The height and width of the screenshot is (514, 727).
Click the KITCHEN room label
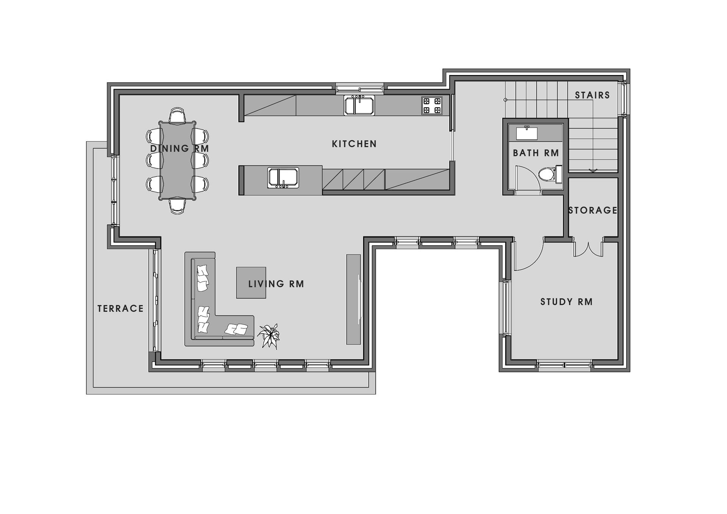pos(354,144)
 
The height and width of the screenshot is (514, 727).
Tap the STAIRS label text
pos(593,95)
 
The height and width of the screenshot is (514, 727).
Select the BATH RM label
pos(536,153)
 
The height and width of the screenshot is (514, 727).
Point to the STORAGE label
pos(593,210)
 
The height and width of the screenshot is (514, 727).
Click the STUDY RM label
pos(566,302)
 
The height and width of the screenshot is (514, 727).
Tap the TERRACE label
pos(120,309)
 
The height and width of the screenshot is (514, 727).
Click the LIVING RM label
pos(276,284)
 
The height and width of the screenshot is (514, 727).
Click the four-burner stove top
pos(432,106)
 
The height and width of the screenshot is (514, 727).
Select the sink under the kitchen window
pos(359,105)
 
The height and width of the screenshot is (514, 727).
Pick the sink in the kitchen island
pos(283,178)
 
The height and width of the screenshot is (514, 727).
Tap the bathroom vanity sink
pos(527,133)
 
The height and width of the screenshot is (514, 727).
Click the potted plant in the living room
pos(269,336)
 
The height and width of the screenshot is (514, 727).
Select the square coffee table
pos(251,283)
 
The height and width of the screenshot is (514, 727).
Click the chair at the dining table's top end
pos(177,115)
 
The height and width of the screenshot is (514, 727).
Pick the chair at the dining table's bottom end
pos(177,206)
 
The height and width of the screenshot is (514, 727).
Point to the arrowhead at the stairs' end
pos(593,170)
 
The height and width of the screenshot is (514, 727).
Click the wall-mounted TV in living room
pos(359,299)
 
